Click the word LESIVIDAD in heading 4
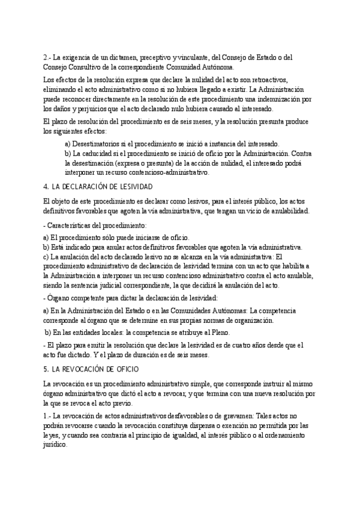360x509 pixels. (x=135, y=186)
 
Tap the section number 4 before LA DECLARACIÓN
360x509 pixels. (x=46, y=186)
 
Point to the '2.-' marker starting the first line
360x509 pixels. (x=48, y=58)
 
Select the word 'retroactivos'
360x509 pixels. (x=266, y=80)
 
